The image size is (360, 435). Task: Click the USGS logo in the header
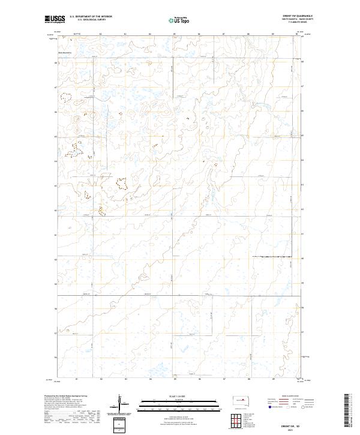(x=55, y=20)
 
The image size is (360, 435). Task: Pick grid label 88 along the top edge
(x=248, y=35)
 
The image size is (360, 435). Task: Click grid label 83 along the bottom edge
(x=125, y=379)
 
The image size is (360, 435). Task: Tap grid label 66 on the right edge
(x=302, y=111)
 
